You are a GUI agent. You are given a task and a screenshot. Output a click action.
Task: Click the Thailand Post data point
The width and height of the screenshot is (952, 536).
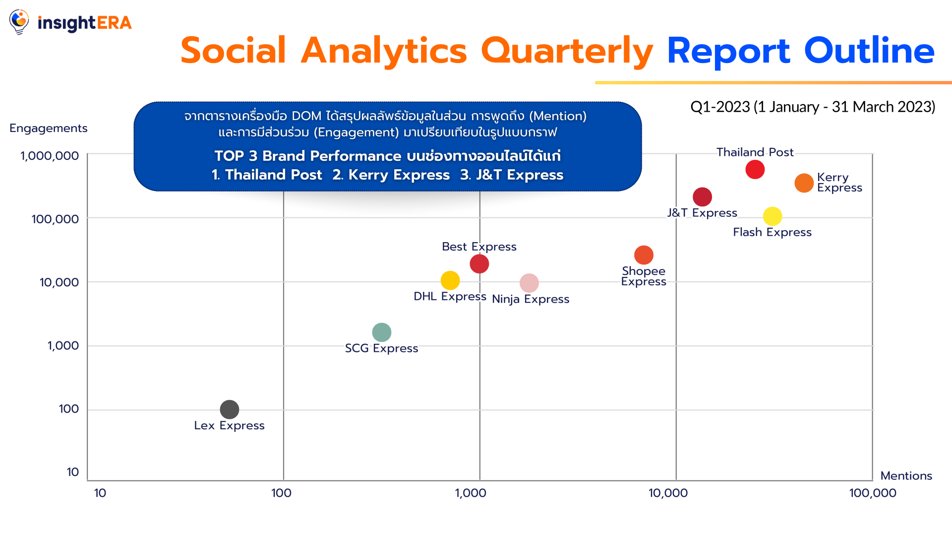coord(755,169)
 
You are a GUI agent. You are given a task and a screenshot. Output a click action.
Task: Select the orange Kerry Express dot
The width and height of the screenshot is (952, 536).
coord(804,183)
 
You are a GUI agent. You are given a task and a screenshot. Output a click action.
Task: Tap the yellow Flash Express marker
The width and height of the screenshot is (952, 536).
coord(773,216)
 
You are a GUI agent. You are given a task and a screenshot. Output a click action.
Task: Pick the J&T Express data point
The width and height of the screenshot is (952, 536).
coord(702,197)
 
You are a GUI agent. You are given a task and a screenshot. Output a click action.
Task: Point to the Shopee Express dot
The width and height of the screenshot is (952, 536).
coord(644,255)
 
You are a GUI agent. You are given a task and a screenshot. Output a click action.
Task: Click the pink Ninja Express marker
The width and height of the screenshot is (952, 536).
coord(529,283)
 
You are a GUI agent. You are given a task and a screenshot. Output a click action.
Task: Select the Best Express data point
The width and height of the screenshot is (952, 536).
coord(479,264)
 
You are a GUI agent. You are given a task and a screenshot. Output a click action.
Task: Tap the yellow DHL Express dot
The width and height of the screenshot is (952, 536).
coord(450,280)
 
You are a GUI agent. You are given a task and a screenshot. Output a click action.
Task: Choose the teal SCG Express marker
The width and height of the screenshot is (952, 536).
coord(382,332)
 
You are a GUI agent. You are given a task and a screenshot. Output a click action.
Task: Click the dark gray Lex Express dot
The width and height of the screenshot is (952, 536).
coord(230,409)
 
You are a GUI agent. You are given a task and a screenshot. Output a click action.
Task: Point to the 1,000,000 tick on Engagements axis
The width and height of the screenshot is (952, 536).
coord(50,156)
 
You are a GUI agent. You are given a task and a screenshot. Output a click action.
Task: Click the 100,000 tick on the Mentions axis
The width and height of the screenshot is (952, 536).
coord(873,493)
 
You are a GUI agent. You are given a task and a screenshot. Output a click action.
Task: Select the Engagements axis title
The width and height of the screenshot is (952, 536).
coord(49,129)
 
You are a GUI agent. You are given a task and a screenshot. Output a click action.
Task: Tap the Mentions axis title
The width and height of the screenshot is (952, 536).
coord(906,475)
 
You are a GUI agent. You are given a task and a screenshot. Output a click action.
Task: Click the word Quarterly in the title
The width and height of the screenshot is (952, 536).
coord(567,51)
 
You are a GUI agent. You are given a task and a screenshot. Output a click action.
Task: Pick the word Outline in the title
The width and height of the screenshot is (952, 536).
coord(869,51)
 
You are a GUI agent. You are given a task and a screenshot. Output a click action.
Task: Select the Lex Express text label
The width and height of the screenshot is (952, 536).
coord(229,425)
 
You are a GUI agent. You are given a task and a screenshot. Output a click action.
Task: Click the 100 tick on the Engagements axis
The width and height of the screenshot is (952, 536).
coord(69,409)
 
